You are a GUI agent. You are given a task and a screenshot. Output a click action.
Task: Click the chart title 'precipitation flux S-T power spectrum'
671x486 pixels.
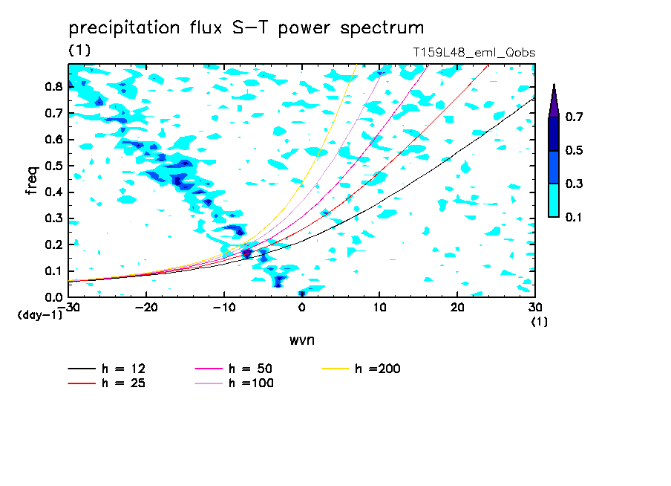coord(246,28)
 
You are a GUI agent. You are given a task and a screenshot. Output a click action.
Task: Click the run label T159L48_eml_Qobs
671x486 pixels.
coord(474,54)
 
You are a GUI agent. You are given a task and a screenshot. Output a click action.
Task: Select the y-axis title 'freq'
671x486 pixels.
coord(32,180)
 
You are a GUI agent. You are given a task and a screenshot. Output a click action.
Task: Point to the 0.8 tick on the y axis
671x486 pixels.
coord(52,86)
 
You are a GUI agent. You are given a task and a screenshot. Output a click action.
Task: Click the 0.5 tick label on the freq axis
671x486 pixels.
coord(52,166)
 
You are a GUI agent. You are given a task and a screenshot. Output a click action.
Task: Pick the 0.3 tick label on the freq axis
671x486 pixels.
coord(52,218)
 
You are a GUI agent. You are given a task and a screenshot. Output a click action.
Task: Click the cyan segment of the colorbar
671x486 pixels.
coord(554,200)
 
